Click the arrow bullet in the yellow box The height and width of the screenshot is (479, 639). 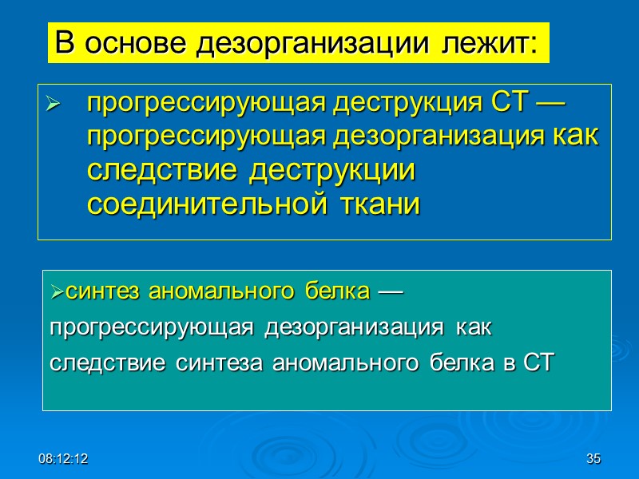pyautogui.click(x=54, y=104)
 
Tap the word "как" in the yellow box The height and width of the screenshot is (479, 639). pyautogui.click(x=576, y=137)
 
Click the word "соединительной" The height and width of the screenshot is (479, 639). pyautogui.click(x=204, y=204)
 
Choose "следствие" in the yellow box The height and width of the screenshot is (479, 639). pyautogui.click(x=161, y=171)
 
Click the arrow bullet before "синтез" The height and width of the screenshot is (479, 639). pyautogui.click(x=57, y=294)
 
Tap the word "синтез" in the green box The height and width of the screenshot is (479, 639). pyautogui.click(x=96, y=293)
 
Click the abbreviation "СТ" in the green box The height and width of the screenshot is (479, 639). pyautogui.click(x=537, y=363)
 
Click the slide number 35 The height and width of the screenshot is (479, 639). pyautogui.click(x=593, y=459)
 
